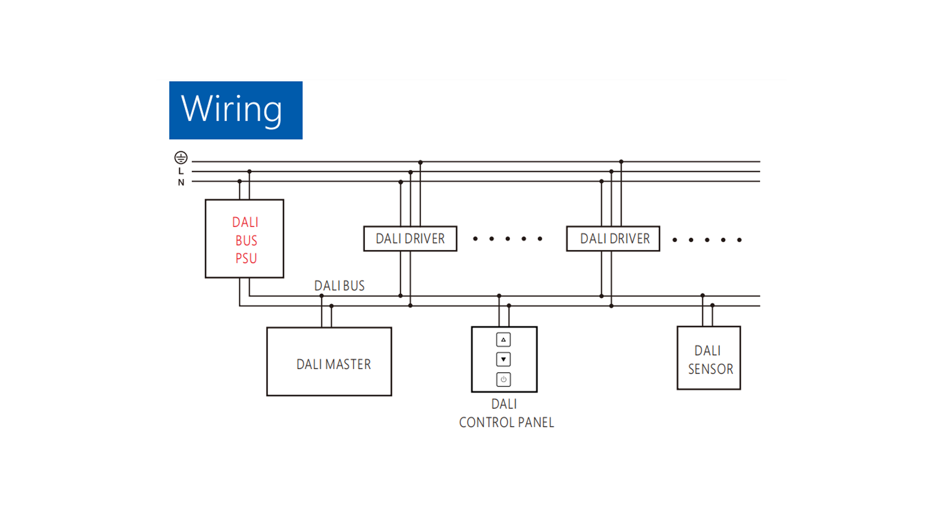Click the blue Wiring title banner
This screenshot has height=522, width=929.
(236, 110)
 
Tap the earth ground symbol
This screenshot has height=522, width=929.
(181, 158)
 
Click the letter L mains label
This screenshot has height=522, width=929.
(181, 171)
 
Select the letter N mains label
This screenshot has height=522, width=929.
(181, 183)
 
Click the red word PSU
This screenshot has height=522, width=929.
(246, 259)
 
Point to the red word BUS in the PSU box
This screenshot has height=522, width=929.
(246, 241)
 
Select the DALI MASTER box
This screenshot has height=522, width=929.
(329, 362)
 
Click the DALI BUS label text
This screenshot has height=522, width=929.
(339, 286)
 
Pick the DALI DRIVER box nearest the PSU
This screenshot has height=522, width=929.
(410, 239)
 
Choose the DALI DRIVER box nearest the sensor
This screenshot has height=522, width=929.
(613, 239)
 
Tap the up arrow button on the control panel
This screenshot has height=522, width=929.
(503, 340)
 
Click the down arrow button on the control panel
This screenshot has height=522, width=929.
(503, 360)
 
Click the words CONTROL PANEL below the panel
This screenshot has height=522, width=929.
(507, 422)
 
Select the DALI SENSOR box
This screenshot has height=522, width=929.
(709, 358)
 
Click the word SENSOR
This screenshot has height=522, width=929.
(711, 369)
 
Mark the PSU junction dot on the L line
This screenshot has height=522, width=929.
(249, 172)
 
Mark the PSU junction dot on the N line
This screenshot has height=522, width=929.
(240, 181)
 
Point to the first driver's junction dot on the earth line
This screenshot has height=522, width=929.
(420, 162)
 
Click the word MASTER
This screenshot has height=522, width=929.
(348, 364)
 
